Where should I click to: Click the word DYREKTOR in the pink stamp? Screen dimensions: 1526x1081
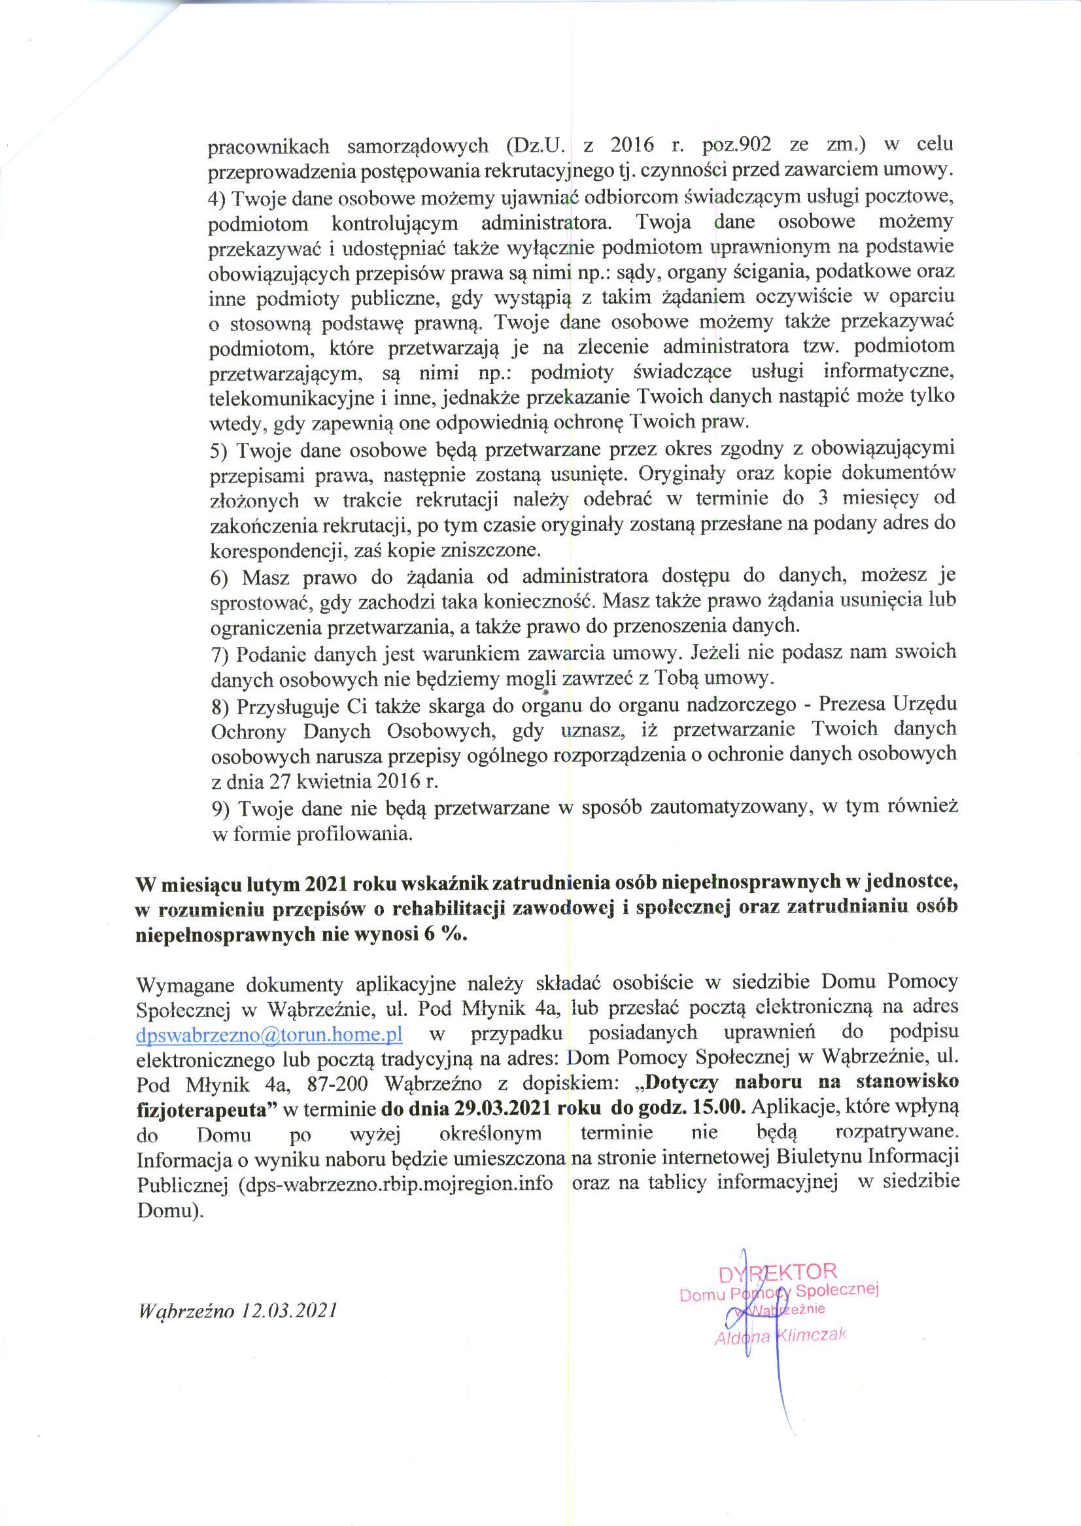[777, 1271]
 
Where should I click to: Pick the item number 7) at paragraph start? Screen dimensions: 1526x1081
[220, 655]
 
